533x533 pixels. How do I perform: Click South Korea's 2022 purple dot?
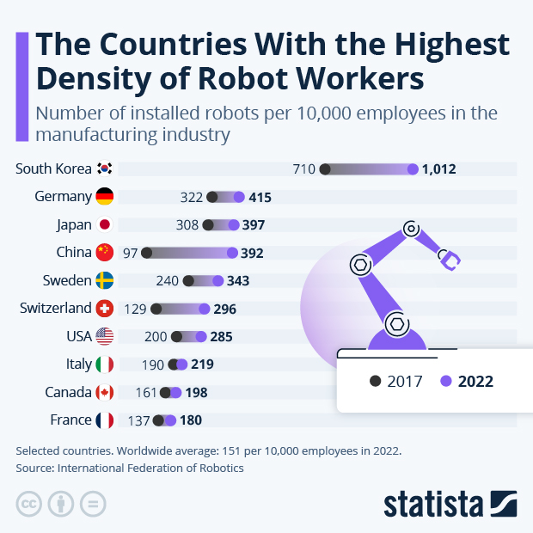pos(414,169)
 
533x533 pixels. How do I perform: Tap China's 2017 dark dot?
pos(147,253)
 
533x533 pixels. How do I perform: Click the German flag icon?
pos(105,197)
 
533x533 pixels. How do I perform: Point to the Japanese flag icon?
pos(105,225)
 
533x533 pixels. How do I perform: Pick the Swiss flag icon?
pos(105,309)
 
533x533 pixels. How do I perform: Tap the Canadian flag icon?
pos(105,393)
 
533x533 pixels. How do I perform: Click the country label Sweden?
pos(67,280)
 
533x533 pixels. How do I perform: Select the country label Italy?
pos(78,365)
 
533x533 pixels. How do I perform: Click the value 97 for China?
pos(130,253)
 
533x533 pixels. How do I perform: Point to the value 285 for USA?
pos(219,336)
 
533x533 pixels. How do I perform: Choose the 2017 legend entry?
pos(396,381)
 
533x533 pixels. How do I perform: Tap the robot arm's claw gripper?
pos(450,259)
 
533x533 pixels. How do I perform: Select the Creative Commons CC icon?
pos(29,504)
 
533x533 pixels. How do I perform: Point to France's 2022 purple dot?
pos(170,420)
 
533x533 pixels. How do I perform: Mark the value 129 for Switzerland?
pos(137,309)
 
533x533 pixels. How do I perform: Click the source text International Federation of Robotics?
pos(150,469)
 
